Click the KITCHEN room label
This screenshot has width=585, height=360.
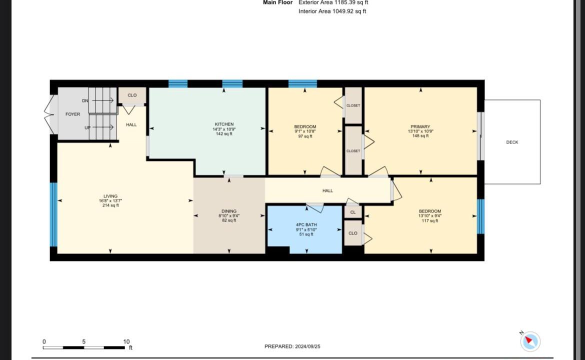(224, 124)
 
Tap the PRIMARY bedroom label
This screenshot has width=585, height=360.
(420, 127)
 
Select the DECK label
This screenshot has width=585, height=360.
(512, 142)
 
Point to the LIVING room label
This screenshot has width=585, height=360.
(110, 196)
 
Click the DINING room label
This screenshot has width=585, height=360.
(229, 211)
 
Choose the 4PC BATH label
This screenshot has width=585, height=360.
(306, 225)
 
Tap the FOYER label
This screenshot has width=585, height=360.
(73, 114)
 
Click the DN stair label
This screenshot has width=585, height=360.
(85, 100)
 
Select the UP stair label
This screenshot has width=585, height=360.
(87, 127)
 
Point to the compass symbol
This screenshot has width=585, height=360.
(530, 341)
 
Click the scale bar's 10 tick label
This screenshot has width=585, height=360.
(126, 341)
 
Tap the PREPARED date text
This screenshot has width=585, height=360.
(292, 346)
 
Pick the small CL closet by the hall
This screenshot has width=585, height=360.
(353, 212)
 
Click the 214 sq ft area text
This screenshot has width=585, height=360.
(110, 205)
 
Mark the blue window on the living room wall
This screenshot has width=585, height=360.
(53, 214)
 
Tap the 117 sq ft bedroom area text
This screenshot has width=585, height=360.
(430, 220)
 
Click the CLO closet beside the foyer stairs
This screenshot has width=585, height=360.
(132, 95)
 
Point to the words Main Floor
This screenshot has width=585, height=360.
(277, 2)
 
